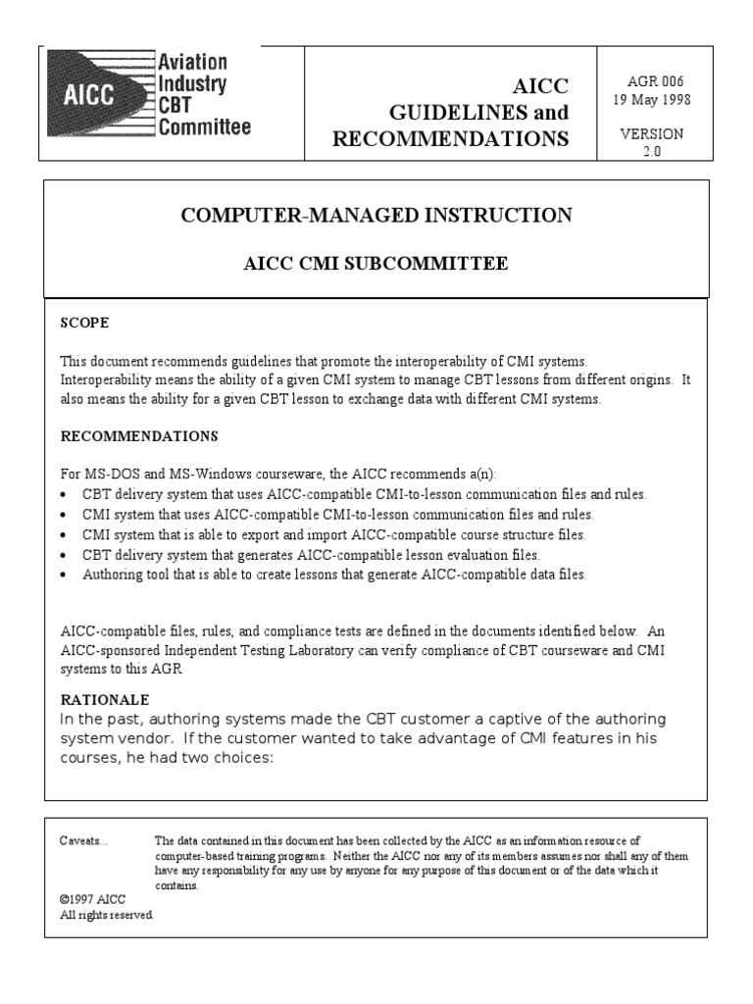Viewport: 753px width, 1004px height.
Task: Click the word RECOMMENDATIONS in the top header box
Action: coord(450,139)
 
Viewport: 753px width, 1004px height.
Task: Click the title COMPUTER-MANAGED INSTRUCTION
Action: coord(376,216)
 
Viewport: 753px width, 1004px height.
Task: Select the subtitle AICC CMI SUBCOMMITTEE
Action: coord(376,264)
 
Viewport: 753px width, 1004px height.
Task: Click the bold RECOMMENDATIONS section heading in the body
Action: coord(138,435)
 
